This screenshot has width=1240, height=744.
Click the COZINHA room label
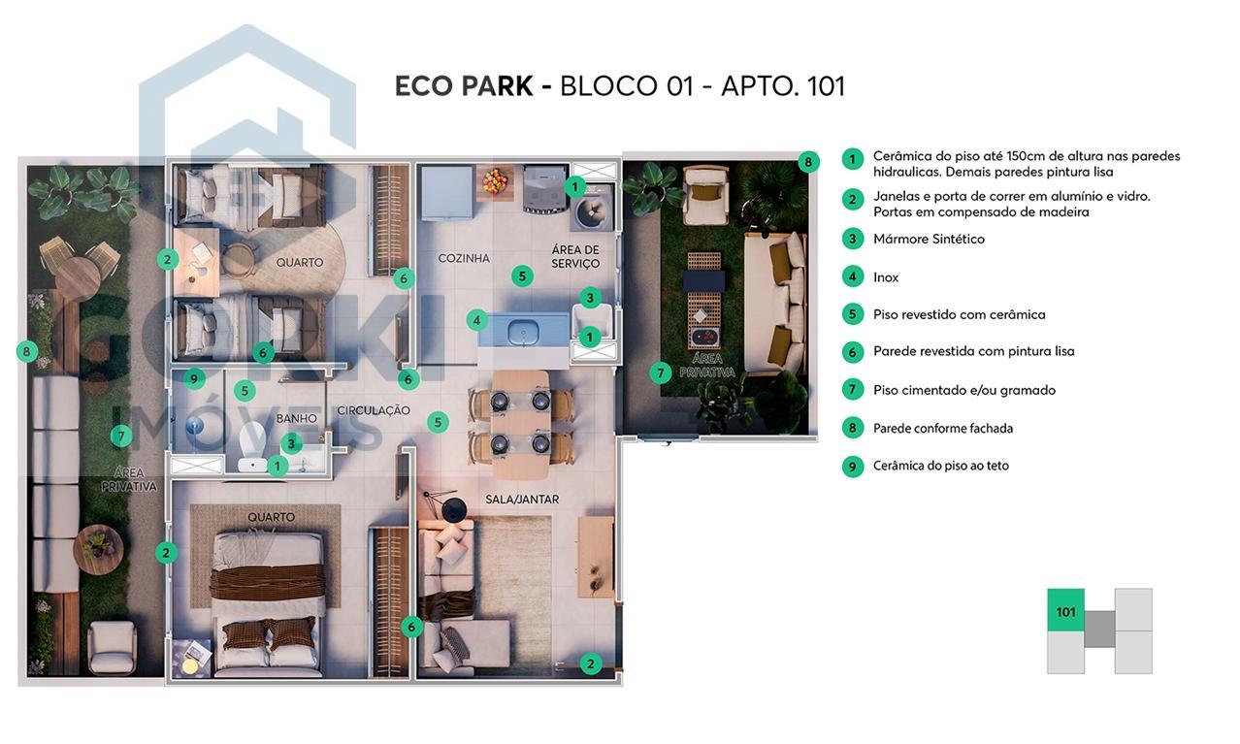464,258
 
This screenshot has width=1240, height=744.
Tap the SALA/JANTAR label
522,500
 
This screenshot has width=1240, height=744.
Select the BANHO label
296,418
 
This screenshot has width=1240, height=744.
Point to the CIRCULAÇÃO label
374,410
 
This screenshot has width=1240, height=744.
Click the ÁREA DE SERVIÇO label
575,256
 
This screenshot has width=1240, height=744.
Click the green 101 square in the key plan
1065,610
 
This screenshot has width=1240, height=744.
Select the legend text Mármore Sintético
929,239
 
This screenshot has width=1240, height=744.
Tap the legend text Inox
886,277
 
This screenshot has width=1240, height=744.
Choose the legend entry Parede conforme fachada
942,428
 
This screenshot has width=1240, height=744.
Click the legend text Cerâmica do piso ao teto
940,466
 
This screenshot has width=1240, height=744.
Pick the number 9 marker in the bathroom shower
194,378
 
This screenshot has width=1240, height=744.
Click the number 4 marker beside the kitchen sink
476,319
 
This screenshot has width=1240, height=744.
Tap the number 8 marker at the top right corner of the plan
808,162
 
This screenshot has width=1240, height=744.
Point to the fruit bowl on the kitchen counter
495,179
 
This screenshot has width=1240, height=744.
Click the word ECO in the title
424,86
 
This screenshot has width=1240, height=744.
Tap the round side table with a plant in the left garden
98,548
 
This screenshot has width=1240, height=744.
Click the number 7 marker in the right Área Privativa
661,372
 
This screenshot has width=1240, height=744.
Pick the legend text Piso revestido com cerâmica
959,314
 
